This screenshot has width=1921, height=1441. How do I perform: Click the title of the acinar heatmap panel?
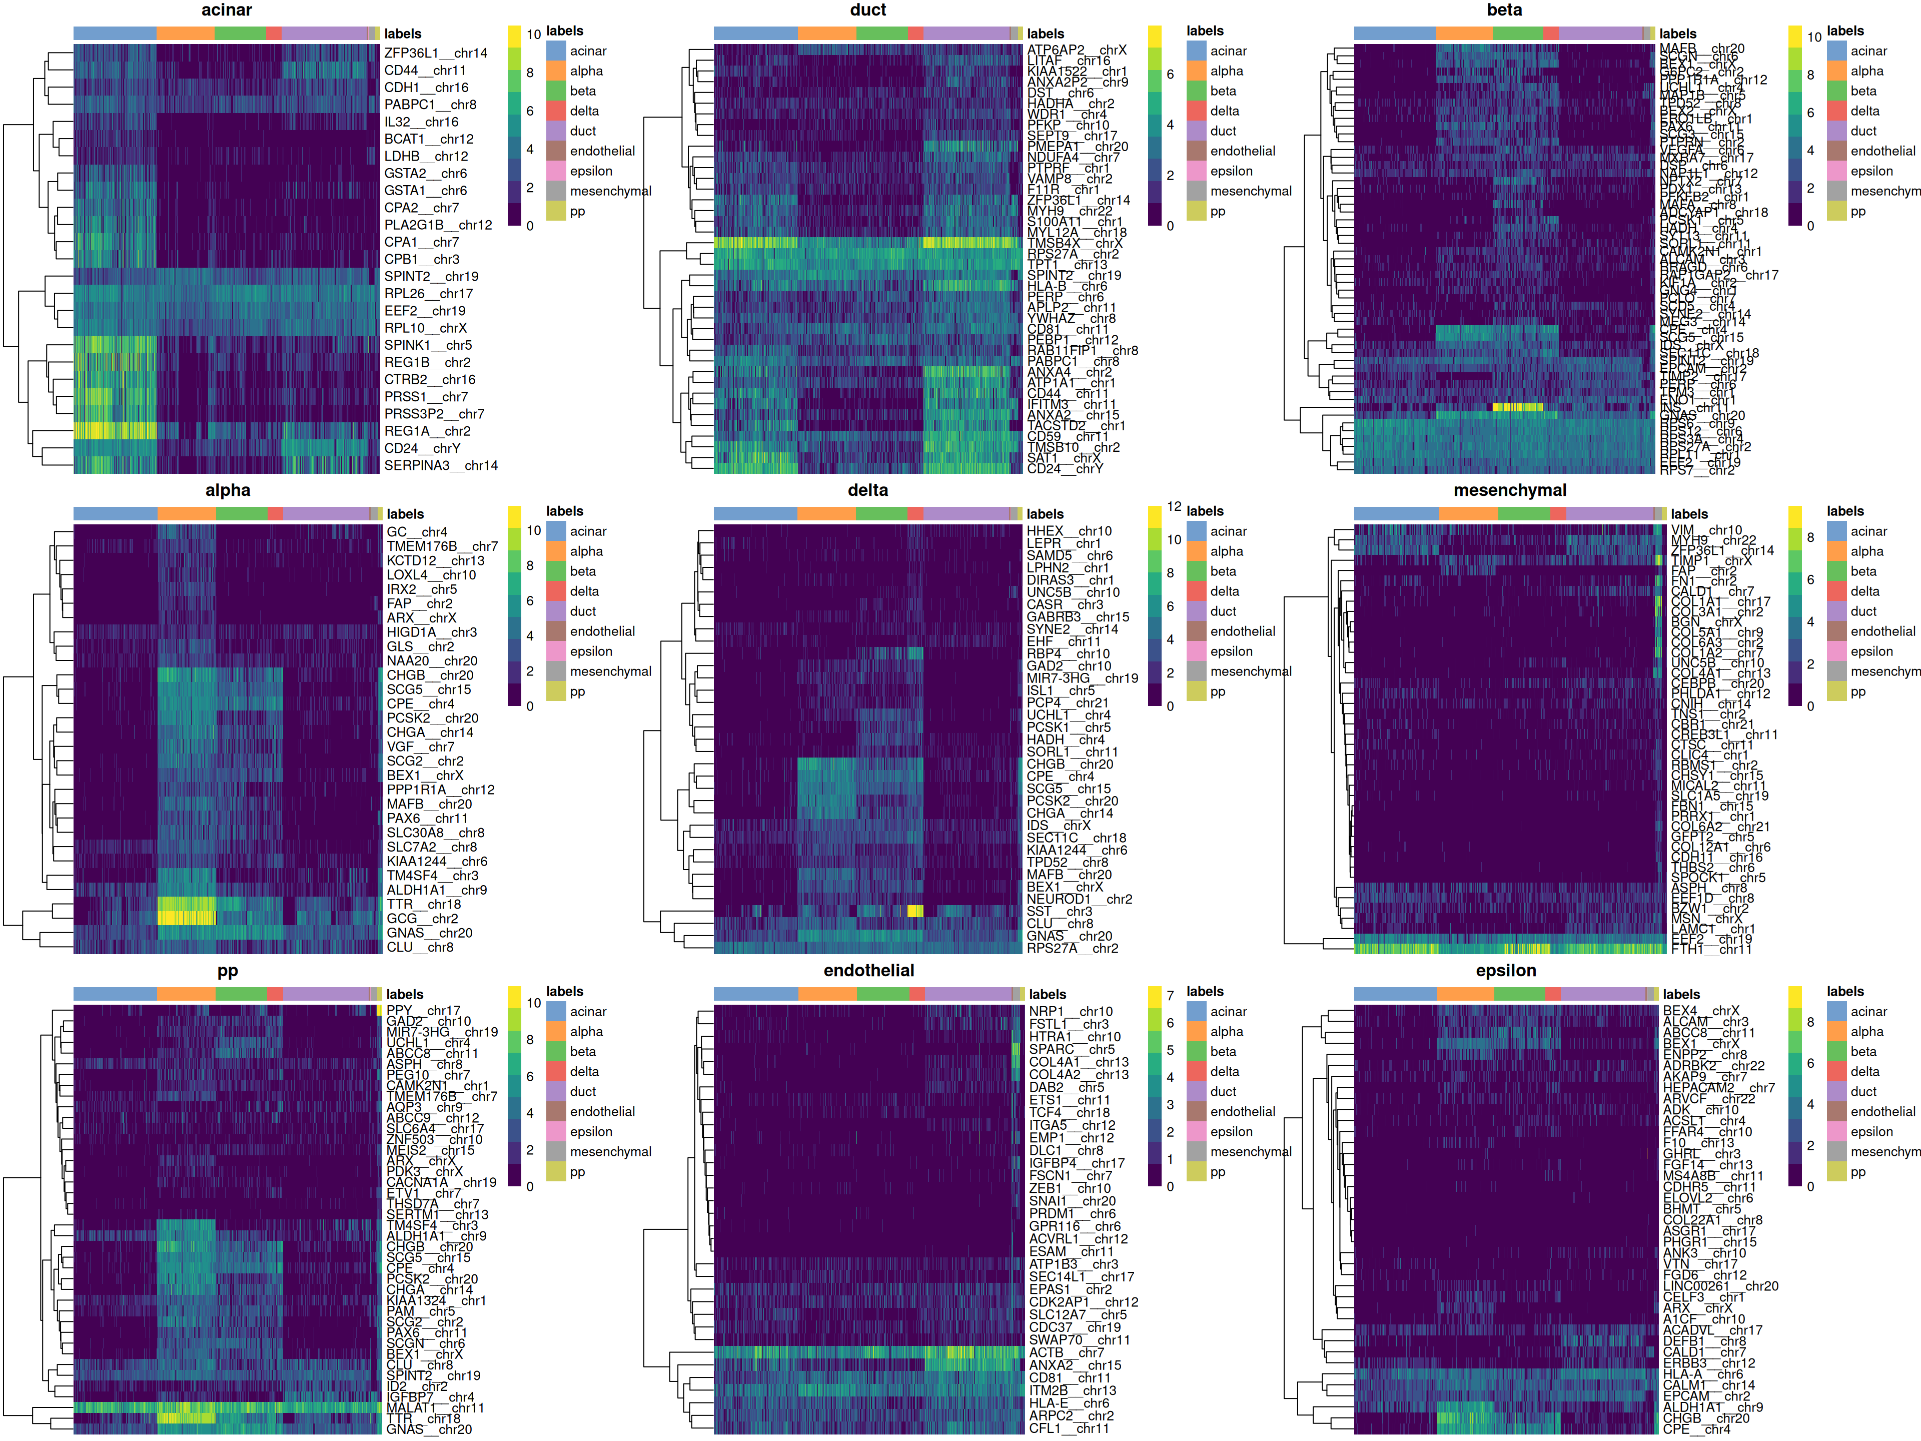227,11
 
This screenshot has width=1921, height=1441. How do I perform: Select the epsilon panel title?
1506,971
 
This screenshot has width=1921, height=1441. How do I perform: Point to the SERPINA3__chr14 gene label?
441,465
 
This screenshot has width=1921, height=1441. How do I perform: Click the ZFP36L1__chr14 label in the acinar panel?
436,53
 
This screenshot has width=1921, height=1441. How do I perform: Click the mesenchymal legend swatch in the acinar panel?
556,191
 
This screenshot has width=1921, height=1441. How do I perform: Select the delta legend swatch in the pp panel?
556,1072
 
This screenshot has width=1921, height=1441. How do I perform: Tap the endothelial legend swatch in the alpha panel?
556,631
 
